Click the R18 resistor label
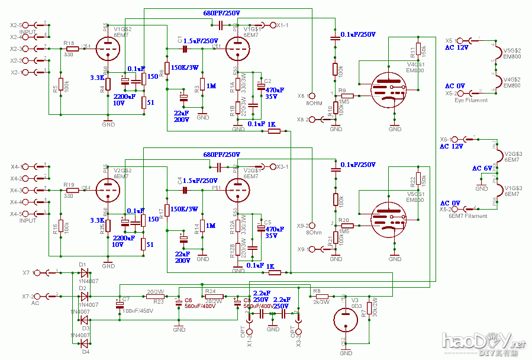pos(69,43)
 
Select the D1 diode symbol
pos(85,272)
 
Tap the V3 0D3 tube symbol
pos(345,320)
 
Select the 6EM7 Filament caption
pos(468,216)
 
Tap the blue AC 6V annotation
pos(482,168)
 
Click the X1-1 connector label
pos(283,25)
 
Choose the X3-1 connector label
pos(283,166)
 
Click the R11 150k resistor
pos(418,49)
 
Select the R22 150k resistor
pos(418,179)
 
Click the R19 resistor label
pos(69,185)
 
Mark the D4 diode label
pos(85,351)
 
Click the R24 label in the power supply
pos(211,291)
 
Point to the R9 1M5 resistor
pos(347,95)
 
